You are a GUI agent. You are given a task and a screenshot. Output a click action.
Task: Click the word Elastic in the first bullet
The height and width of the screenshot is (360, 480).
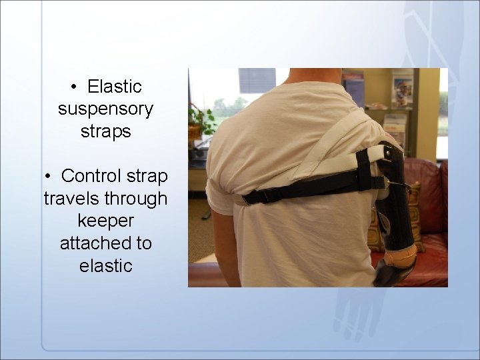tap(115, 87)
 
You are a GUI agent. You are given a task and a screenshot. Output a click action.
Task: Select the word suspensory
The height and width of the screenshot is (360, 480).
tap(105, 109)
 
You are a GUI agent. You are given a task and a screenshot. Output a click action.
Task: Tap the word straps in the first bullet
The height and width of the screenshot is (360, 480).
tap(105, 131)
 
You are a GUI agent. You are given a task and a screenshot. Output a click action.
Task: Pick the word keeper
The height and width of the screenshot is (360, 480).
tap(105, 221)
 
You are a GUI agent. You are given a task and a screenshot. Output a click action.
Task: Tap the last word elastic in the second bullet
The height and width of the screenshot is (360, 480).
tap(105, 265)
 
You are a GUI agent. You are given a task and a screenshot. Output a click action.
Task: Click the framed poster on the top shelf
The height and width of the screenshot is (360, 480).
tap(402, 88)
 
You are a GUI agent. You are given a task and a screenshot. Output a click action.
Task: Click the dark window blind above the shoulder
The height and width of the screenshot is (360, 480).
tap(257, 79)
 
